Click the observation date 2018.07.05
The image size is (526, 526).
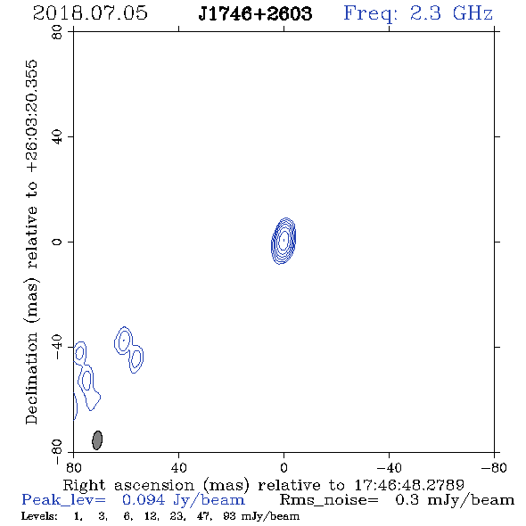90,13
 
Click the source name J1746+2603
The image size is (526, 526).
255,13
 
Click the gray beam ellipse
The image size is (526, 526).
97,440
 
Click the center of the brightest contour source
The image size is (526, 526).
284,240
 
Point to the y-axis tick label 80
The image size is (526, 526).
57,32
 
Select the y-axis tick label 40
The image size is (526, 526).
57,137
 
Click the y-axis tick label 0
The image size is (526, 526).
57,242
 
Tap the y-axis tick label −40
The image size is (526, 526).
57,347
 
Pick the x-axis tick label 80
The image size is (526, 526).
74,468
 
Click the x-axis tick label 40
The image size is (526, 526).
178,468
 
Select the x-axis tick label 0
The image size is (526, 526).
284,468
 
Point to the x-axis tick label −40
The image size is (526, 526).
389,468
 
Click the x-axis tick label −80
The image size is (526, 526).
494,468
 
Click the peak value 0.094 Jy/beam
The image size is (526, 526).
183,500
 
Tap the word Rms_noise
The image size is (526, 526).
329,500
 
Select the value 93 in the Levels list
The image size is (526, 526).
229,516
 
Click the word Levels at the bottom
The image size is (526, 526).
39,516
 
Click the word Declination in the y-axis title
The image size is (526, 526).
31,378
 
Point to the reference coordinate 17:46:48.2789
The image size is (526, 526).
409,485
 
